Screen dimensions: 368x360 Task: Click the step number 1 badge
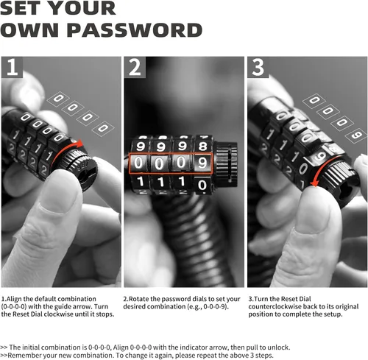pos(12,67)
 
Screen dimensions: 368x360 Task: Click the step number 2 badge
pos(135,67)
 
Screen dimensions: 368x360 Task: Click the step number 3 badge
pos(258,67)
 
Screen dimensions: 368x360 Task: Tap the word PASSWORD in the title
pos(135,30)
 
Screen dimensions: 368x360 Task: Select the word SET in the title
pos(25,8)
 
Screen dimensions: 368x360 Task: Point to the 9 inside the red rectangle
pos(202,163)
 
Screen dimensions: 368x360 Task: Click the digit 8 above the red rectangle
pos(203,147)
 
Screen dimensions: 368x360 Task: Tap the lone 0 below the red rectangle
pos(202,185)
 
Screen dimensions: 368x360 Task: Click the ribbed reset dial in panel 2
pos(226,164)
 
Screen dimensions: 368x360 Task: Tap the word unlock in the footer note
pos(278,347)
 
